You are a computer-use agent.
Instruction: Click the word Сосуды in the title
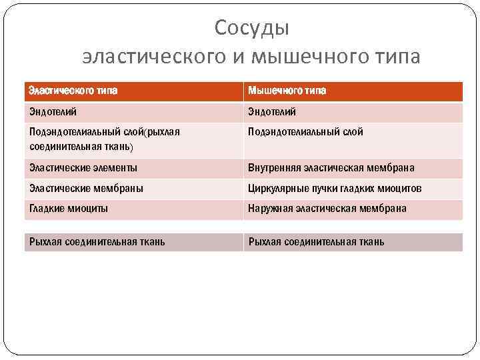click(x=252, y=28)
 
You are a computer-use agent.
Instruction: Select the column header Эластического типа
click(x=74, y=91)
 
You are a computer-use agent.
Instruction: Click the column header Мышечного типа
click(x=287, y=91)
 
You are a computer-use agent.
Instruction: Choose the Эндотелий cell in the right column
click(x=272, y=111)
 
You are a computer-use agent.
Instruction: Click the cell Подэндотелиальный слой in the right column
click(x=305, y=132)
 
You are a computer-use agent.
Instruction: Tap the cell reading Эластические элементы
click(x=83, y=168)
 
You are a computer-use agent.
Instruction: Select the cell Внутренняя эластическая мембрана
click(x=331, y=168)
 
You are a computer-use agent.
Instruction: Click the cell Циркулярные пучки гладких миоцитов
click(x=335, y=189)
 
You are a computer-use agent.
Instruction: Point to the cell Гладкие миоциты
click(x=69, y=209)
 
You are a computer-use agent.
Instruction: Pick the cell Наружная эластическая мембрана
click(x=327, y=209)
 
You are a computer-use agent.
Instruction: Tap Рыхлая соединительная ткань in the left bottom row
click(x=97, y=241)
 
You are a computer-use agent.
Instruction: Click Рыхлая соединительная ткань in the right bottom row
click(x=316, y=241)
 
